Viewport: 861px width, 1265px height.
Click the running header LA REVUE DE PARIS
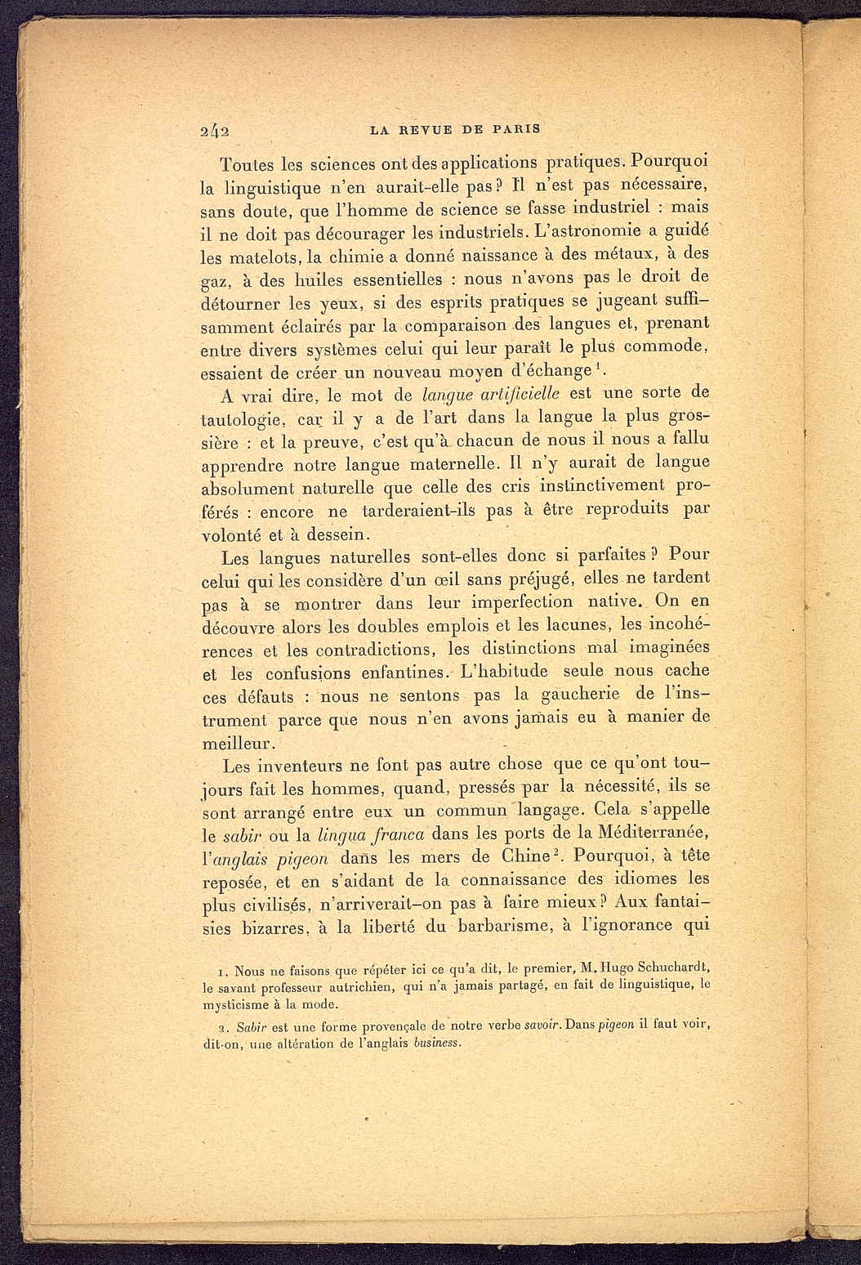click(455, 128)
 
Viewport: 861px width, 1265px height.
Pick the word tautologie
click(242, 420)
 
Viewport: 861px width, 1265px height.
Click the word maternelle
click(452, 464)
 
